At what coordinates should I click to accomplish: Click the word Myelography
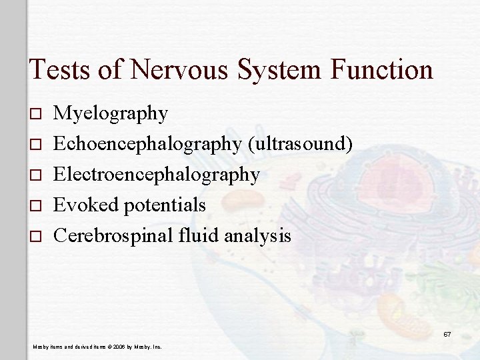111,114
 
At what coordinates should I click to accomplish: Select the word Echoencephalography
147,144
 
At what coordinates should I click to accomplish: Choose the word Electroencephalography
157,175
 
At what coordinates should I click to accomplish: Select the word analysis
258,235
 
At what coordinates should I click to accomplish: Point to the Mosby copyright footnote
97,347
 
